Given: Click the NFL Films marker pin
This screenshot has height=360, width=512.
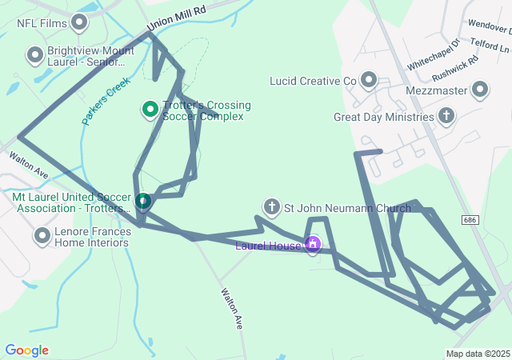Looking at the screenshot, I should tap(79, 22).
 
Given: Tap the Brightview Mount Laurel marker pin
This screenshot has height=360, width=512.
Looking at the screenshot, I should tap(35, 55).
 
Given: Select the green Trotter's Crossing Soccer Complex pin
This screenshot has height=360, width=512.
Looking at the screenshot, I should tap(150, 108).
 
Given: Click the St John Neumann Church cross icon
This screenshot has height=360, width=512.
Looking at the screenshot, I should tap(272, 208).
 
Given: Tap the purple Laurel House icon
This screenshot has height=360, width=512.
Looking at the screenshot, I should tap(313, 244).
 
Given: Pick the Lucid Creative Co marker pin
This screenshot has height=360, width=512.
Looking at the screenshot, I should tap(369, 80).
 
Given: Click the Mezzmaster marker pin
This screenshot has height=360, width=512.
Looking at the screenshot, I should tap(480, 90).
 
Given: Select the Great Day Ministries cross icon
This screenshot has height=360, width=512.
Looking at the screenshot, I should tap(446, 118).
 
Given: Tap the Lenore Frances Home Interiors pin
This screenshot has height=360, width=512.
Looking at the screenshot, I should tap(42, 236).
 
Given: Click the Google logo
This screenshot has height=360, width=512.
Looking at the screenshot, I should tap(26, 350).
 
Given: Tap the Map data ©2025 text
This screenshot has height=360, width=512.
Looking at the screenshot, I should tap(478, 354).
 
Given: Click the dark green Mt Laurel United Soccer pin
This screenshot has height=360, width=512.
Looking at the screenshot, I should tap(143, 200).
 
